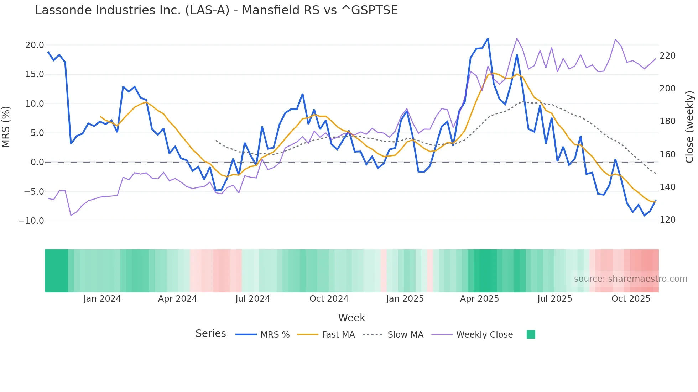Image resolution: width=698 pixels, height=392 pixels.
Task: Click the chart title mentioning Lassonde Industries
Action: (x=216, y=10)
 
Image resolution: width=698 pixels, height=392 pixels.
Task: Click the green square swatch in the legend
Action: (x=531, y=334)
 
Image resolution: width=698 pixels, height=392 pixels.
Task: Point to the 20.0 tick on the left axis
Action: (x=35, y=45)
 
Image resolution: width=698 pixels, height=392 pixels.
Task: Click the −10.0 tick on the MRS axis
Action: (x=31, y=221)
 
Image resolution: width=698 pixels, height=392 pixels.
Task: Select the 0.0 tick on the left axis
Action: (x=37, y=162)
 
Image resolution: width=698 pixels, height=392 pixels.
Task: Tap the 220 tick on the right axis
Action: (x=667, y=56)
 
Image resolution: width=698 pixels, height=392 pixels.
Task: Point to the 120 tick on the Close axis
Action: (x=667, y=220)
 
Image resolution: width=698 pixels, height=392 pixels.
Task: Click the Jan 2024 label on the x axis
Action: (x=102, y=299)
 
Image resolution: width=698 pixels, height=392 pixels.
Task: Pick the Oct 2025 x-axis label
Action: (x=631, y=299)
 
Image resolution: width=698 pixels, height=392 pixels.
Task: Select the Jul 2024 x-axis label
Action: (x=252, y=299)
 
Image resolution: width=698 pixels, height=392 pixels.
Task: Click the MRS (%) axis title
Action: (x=6, y=127)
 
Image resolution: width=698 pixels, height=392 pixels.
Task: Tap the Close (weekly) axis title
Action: (x=689, y=127)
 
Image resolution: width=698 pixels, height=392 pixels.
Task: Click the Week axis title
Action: (x=351, y=318)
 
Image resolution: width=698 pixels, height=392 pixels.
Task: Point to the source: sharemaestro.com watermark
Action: (x=630, y=279)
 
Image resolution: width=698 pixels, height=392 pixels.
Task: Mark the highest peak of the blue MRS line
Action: (x=488, y=38)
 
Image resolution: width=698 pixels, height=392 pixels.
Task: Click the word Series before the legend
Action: (x=210, y=334)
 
